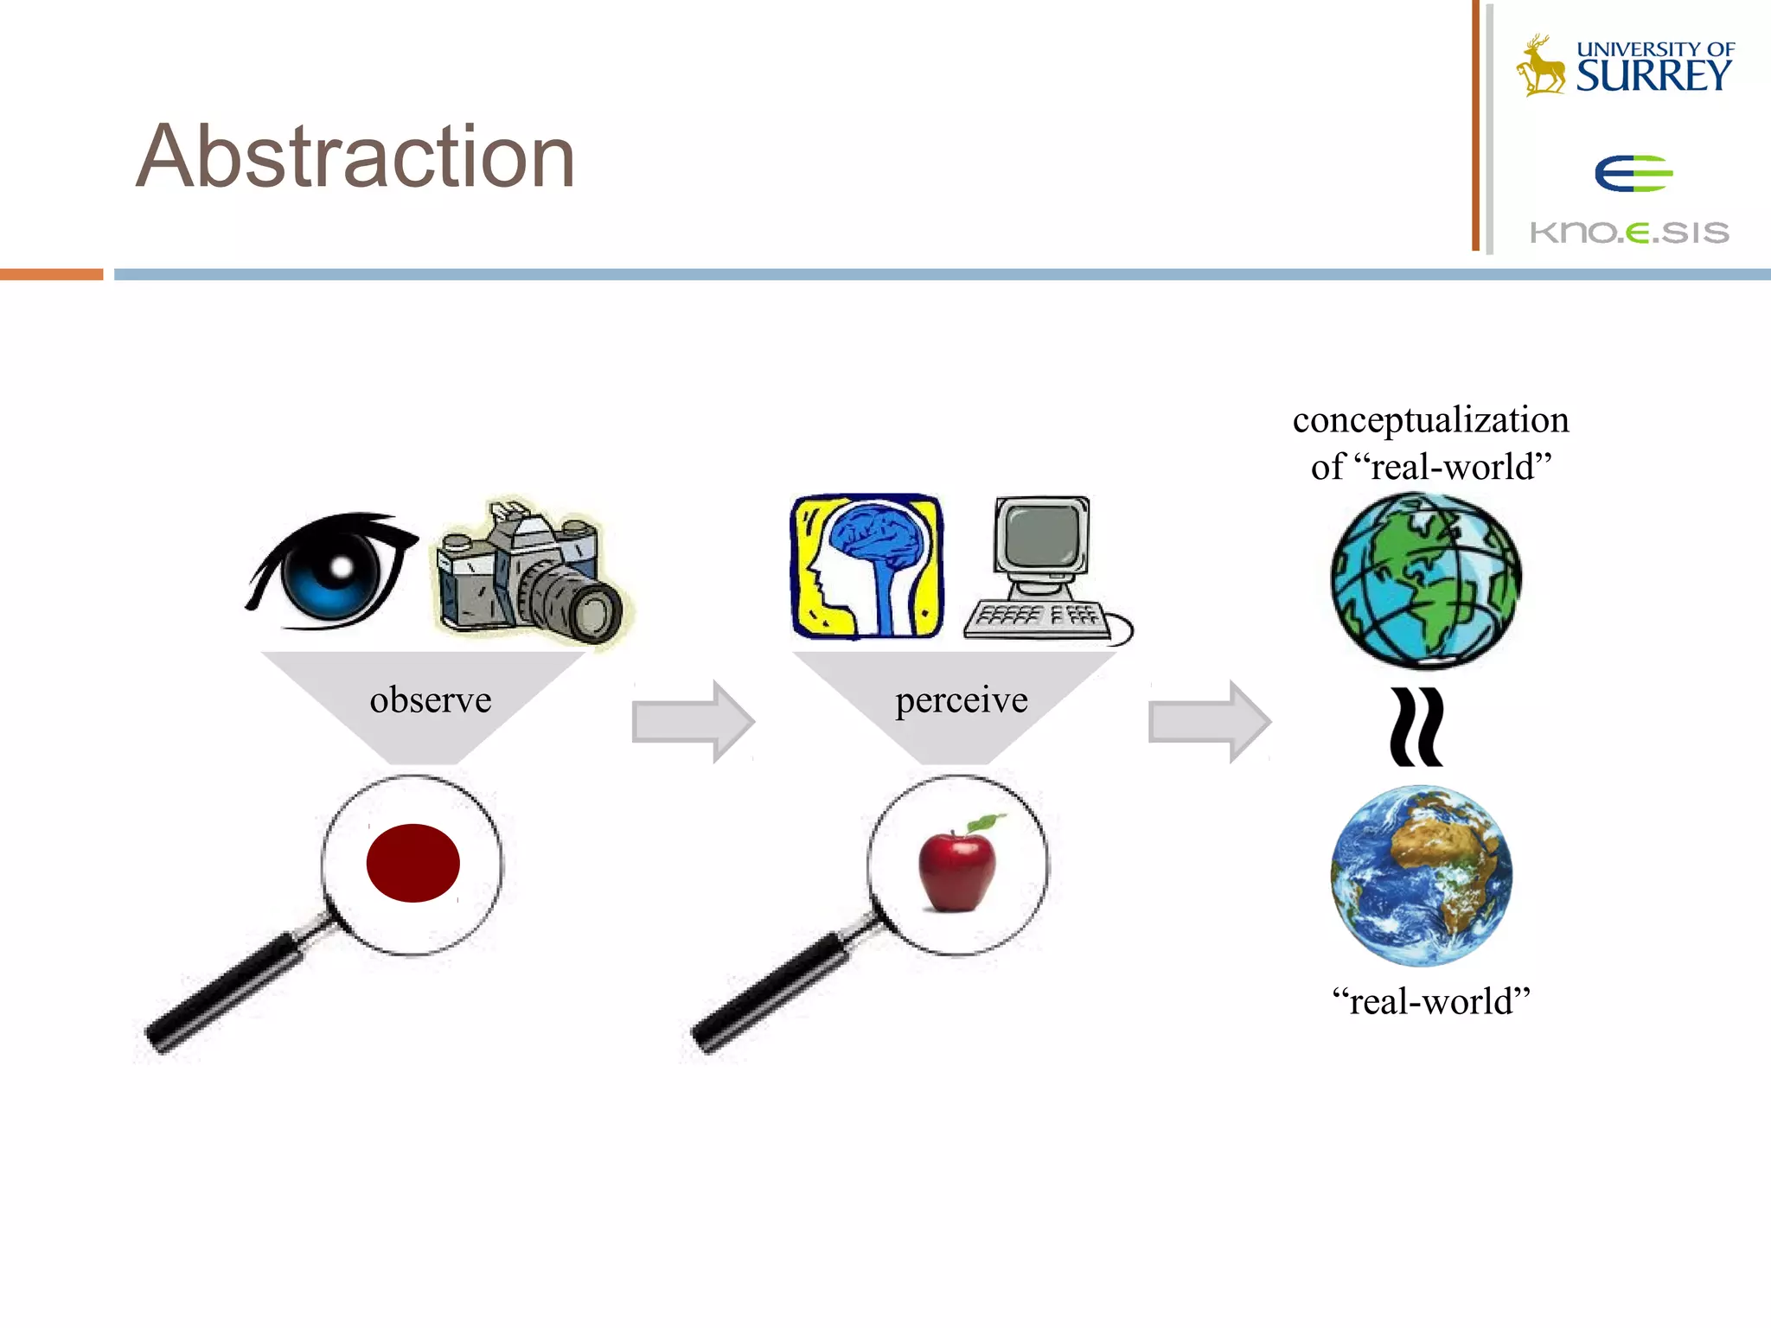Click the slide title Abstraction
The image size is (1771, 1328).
(x=355, y=156)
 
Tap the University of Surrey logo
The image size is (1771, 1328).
(x=1626, y=66)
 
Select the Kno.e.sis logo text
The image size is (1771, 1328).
(x=1629, y=233)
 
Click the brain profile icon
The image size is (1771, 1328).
(x=867, y=567)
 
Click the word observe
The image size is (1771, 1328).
(x=430, y=699)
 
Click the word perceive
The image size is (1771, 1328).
(x=961, y=699)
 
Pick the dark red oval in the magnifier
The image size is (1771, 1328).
(x=412, y=863)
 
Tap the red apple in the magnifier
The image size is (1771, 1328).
(x=956, y=868)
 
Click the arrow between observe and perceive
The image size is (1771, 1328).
(x=692, y=721)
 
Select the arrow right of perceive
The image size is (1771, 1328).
(x=1209, y=721)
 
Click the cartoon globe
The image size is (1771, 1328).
(x=1425, y=580)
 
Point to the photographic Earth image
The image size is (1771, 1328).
(x=1422, y=875)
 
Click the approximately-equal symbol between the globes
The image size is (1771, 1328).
(x=1416, y=727)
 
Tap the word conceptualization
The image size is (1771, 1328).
(x=1430, y=420)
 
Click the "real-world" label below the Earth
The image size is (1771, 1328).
(x=1431, y=1001)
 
